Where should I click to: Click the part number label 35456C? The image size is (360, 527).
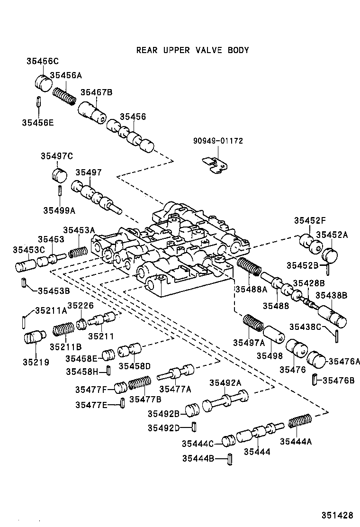(42, 61)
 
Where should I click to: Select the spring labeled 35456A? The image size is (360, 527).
(64, 94)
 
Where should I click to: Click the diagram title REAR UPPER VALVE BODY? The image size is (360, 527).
(192, 50)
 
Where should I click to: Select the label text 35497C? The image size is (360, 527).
(56, 156)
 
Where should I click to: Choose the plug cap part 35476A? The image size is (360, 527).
(316, 360)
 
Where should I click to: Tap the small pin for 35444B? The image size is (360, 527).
(229, 459)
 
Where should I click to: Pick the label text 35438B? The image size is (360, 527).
(332, 295)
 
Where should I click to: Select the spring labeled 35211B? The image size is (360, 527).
(63, 329)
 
